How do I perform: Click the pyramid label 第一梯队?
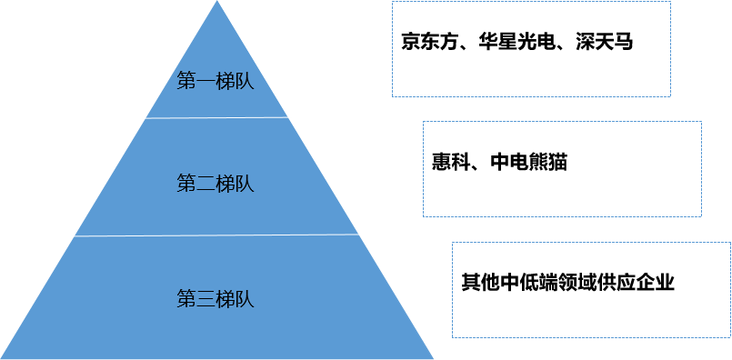(215, 81)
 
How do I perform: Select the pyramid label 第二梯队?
(215, 184)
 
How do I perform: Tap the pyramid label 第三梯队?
(215, 298)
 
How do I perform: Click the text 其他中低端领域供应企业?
(567, 282)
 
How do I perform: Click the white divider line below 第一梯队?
(216, 117)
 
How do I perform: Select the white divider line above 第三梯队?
(216, 235)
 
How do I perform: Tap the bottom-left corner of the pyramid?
(3, 357)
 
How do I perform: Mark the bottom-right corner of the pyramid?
(433, 357)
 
